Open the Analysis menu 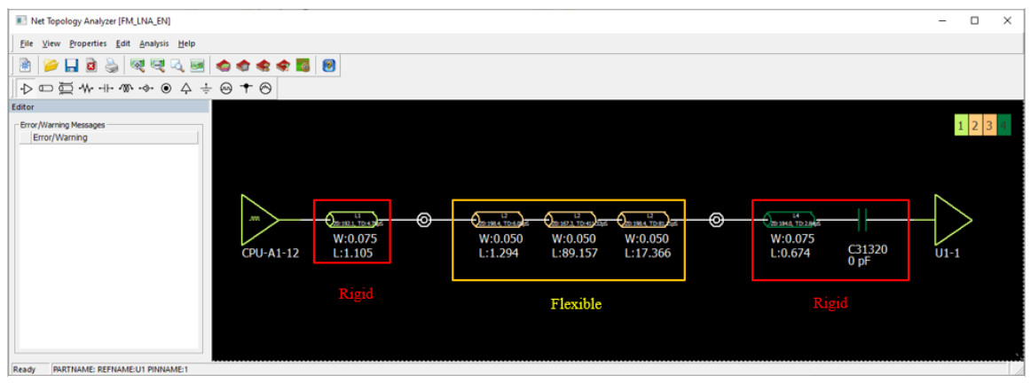pyautogui.click(x=153, y=43)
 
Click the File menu pyautogui.click(x=26, y=43)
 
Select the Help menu pyautogui.click(x=186, y=43)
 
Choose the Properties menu pyautogui.click(x=88, y=43)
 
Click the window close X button pyautogui.click(x=1007, y=20)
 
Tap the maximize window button pyautogui.click(x=974, y=20)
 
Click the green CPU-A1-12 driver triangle pyautogui.click(x=257, y=220)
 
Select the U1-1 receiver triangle pyautogui.click(x=950, y=220)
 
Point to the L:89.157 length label pyautogui.click(x=575, y=253)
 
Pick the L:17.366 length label pyautogui.click(x=648, y=253)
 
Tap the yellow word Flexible pyautogui.click(x=576, y=304)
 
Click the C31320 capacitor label pyautogui.click(x=867, y=249)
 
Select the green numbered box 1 pyautogui.click(x=962, y=126)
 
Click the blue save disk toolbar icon pyautogui.click(x=72, y=66)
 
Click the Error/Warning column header pyautogui.click(x=60, y=137)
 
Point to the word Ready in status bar pyautogui.click(x=25, y=370)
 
